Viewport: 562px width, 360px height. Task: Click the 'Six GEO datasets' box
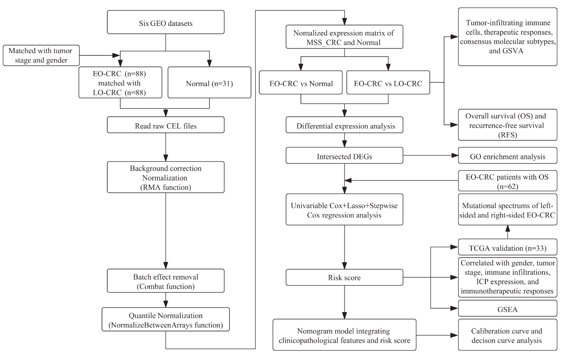point(165,22)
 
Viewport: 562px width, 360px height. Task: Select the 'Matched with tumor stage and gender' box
point(41,55)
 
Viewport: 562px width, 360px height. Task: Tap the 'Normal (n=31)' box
point(209,82)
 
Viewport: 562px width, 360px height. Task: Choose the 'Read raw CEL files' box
point(165,125)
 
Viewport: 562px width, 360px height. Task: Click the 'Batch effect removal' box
point(165,281)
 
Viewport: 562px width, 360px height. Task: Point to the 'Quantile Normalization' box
point(165,319)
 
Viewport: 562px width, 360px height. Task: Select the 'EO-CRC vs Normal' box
point(301,82)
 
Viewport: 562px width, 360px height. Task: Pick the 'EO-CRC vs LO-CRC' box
point(388,82)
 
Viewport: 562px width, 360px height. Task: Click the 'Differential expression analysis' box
point(344,125)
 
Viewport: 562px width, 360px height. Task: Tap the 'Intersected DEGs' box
point(344,155)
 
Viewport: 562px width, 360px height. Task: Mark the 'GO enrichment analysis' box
point(507,156)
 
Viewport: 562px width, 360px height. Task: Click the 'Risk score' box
point(344,277)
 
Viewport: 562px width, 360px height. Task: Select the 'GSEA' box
point(507,309)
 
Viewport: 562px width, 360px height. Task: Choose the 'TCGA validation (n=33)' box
point(507,247)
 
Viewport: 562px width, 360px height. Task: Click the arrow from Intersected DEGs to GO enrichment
point(431,156)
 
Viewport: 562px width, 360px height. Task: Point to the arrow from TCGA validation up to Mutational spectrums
point(507,232)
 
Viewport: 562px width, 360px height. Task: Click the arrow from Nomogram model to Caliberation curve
point(437,335)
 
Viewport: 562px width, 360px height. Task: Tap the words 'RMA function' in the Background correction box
point(165,187)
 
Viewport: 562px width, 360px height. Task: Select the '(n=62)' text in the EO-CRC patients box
point(507,187)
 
